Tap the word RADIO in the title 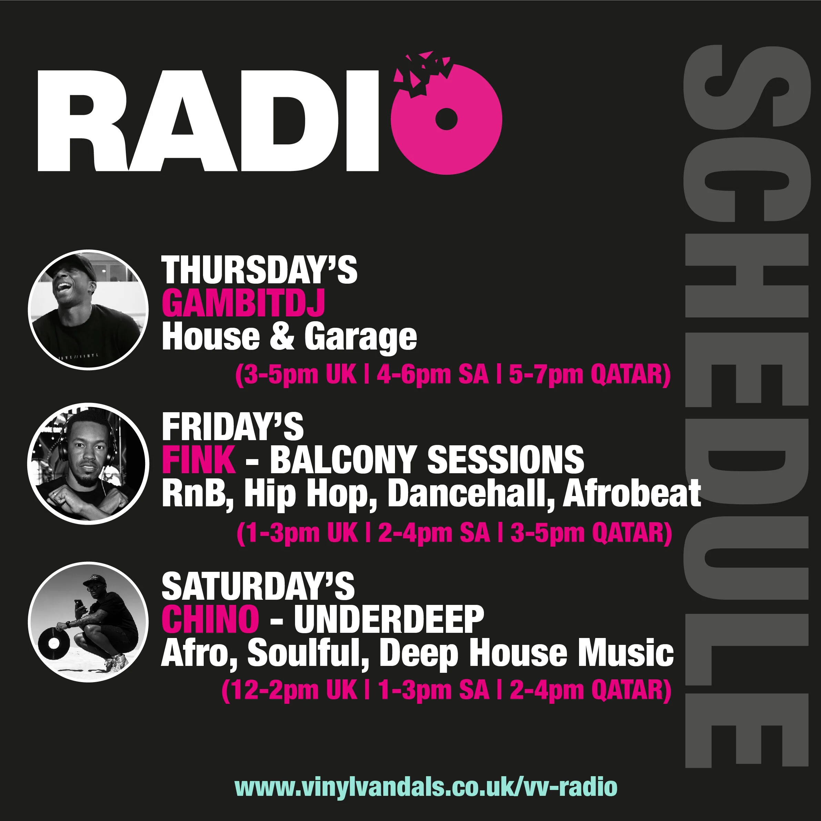coord(208,121)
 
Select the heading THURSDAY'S coord(259,270)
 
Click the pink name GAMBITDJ coord(243,303)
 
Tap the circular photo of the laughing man coord(88,310)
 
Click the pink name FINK coord(199,459)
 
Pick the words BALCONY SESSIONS coord(427,459)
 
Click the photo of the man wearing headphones coord(88,463)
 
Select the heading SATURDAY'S coord(258,586)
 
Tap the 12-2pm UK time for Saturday coord(290,690)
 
